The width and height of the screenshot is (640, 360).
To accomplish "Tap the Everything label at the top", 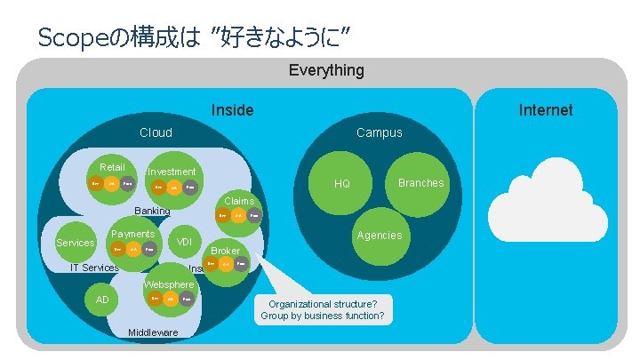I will click(x=326, y=69).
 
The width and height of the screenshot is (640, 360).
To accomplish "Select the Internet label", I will click(x=546, y=109).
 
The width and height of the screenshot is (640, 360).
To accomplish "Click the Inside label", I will click(x=232, y=109).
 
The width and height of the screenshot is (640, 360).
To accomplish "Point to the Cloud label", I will click(x=156, y=132).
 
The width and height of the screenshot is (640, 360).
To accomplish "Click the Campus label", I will click(x=379, y=132).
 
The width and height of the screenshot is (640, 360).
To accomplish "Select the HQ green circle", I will click(x=342, y=183).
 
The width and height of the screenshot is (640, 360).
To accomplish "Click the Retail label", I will click(x=112, y=167).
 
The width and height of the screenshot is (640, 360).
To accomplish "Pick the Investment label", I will click(x=172, y=172).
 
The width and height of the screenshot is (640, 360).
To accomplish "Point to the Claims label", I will click(x=239, y=201).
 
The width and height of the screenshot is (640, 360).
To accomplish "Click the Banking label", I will click(x=151, y=212).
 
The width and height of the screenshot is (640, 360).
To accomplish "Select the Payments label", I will click(x=132, y=234).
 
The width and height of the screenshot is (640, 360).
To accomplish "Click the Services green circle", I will click(x=75, y=243).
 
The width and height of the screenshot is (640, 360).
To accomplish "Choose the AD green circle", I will click(x=102, y=300).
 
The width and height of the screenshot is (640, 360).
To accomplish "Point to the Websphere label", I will click(x=168, y=284).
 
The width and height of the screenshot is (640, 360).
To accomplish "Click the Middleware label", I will click(x=153, y=332).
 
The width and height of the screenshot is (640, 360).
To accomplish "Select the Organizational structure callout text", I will click(x=323, y=310).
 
